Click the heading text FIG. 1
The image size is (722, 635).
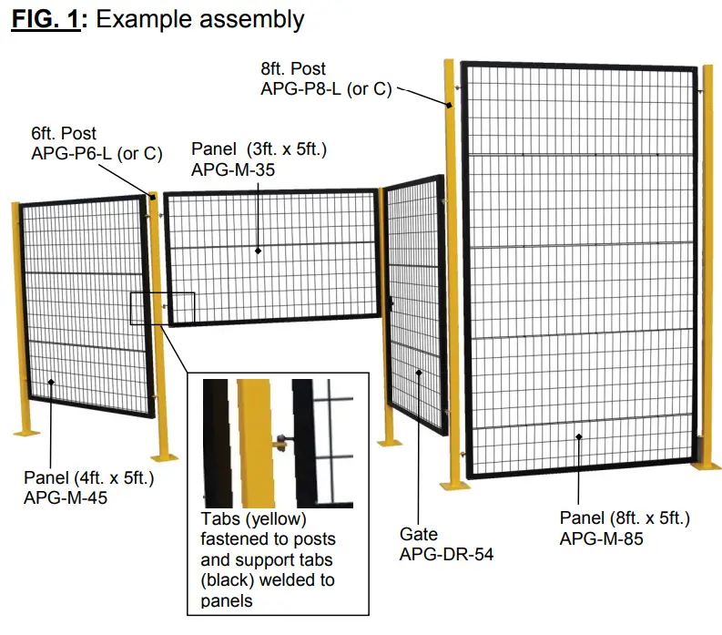(x=45, y=19)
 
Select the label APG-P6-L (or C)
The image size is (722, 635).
(x=96, y=153)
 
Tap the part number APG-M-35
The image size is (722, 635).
(x=234, y=169)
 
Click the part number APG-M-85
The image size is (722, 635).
(x=602, y=538)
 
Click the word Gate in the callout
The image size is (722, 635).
(x=419, y=534)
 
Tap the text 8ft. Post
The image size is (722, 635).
(x=292, y=68)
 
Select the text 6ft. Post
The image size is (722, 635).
(x=63, y=134)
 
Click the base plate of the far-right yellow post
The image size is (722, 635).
(x=706, y=466)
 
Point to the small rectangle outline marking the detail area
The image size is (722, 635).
(x=162, y=308)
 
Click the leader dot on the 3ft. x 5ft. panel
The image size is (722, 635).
(x=259, y=251)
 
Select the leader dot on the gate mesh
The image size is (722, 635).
(x=419, y=372)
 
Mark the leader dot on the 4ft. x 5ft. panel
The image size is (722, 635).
(x=51, y=384)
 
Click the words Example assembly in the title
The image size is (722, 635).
(x=200, y=19)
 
